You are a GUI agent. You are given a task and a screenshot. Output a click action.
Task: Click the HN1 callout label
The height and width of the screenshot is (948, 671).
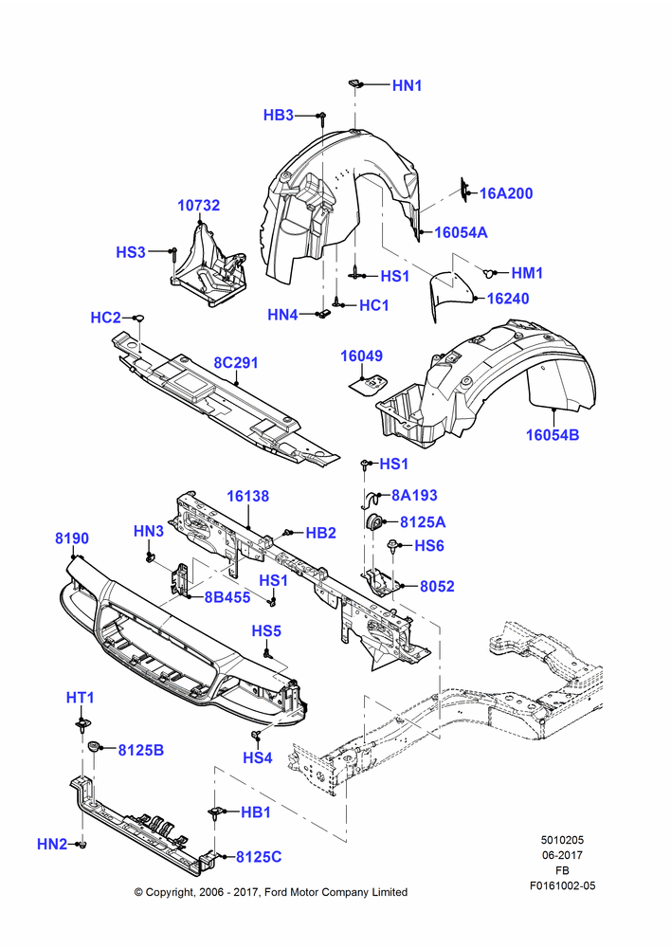407,85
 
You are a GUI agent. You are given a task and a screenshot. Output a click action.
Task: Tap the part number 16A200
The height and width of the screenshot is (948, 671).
506,193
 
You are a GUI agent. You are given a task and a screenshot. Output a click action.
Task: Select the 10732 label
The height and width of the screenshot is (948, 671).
198,206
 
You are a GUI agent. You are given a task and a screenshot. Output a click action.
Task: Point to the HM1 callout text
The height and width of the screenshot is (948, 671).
527,273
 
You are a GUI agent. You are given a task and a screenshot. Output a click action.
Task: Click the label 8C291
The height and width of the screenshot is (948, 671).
236,363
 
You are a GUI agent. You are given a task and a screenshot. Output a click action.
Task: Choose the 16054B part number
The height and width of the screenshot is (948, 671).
553,435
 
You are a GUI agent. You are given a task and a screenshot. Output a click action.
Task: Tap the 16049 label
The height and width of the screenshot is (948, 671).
361,355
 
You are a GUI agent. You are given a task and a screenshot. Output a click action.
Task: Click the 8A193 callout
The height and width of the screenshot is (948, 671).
415,495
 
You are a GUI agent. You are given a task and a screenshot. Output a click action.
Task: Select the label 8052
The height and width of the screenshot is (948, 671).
437,586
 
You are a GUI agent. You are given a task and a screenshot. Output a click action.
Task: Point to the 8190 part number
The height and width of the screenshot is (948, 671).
72,538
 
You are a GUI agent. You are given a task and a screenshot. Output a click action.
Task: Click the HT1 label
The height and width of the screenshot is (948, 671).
80,698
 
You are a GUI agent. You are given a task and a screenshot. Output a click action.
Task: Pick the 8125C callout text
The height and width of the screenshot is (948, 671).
259,857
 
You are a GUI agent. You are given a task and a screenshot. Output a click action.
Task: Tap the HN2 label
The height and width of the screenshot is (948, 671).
52,844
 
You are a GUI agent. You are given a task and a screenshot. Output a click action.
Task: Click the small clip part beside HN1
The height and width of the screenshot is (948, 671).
354,82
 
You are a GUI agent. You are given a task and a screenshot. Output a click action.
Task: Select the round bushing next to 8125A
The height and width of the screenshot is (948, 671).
375,521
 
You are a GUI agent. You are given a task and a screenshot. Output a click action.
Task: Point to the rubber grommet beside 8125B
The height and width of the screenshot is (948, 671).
95,746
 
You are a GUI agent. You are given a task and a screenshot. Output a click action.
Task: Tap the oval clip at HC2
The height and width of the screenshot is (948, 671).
138,318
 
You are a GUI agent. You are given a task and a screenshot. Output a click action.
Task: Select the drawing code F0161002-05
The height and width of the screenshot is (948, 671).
562,885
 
